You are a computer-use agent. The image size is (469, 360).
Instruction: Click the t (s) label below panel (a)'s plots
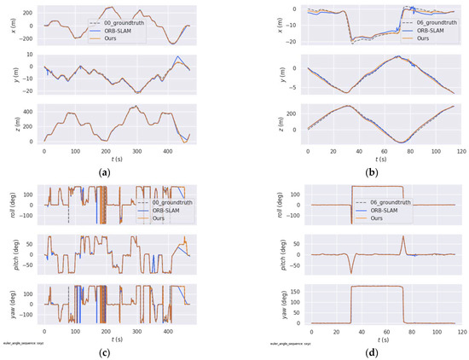[x=120, y=160]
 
